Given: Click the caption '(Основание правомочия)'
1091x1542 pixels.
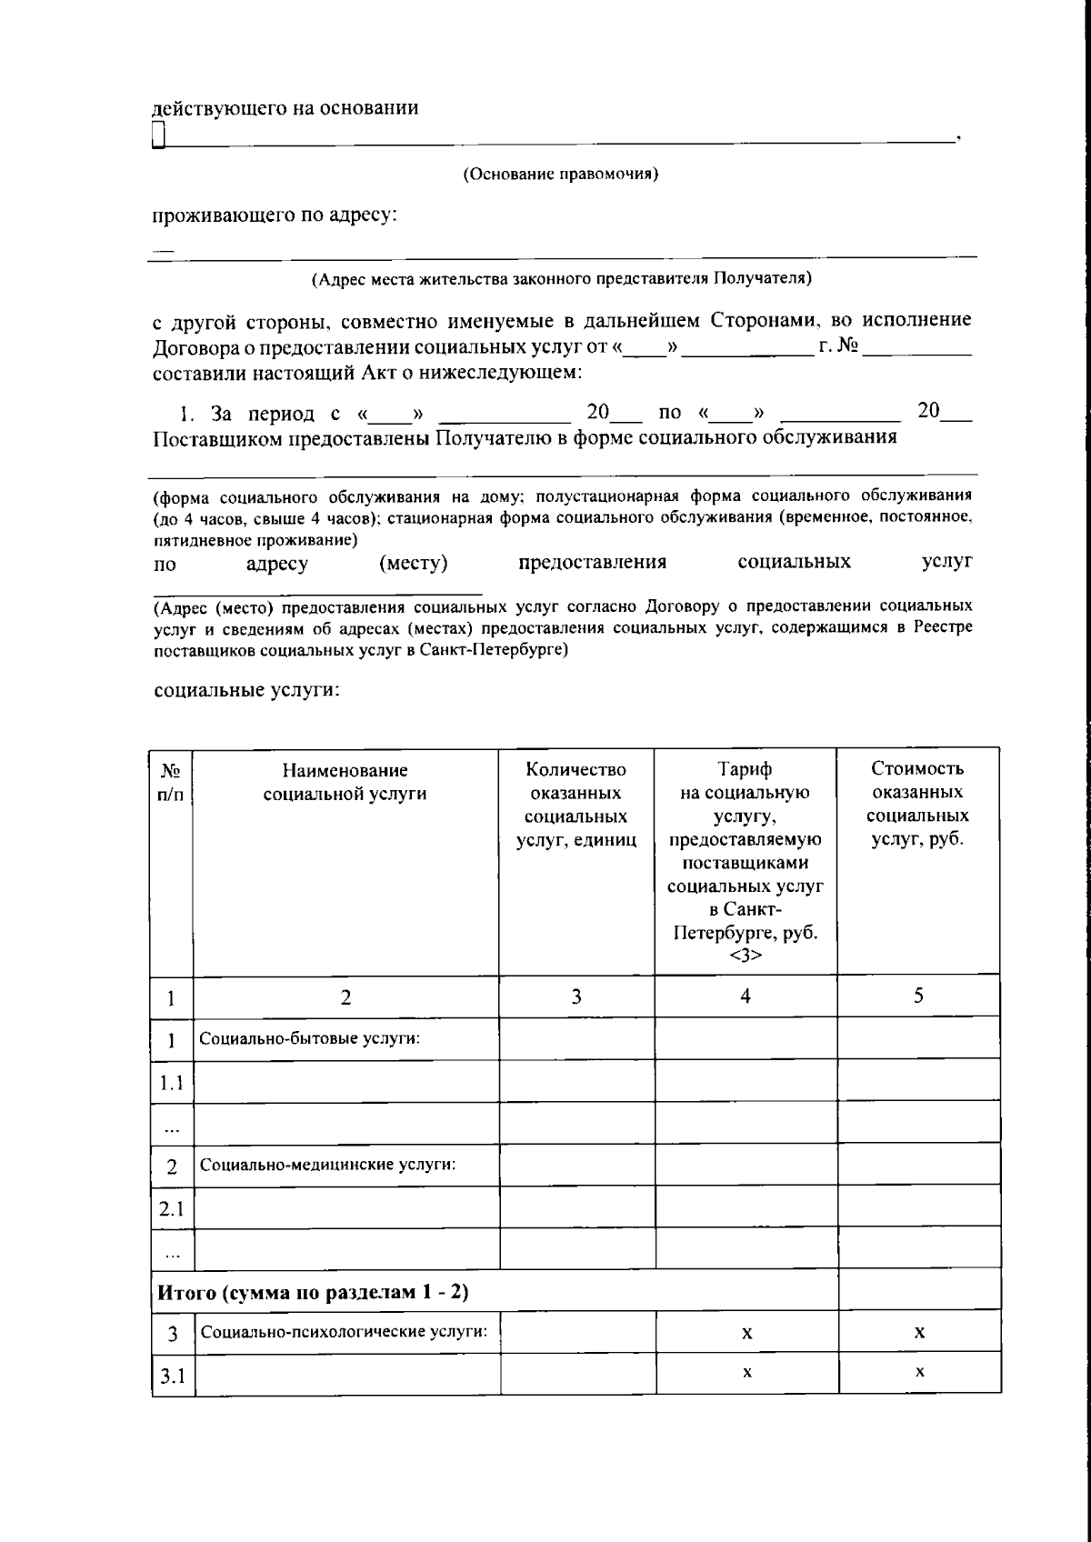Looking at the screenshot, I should tap(560, 175).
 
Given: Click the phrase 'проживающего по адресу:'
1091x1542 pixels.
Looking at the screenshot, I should tap(275, 216).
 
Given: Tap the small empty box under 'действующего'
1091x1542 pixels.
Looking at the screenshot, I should tap(159, 136).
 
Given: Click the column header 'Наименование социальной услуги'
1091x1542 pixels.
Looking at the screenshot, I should tap(345, 782).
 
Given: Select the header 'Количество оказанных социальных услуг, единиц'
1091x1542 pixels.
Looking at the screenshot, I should tap(576, 805).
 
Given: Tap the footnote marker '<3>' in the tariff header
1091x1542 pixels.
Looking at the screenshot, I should tap(745, 955).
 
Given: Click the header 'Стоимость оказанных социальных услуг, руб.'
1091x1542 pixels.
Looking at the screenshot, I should tap(917, 805).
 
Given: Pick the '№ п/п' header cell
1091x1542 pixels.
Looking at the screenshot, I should tap(171, 782).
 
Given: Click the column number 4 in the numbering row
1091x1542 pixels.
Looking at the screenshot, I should tap(745, 996).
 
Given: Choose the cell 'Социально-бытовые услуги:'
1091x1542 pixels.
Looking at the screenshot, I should tap(309, 1038).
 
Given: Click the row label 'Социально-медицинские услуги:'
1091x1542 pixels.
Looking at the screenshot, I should tap(327, 1165).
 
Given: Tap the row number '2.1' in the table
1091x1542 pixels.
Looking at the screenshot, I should tap(171, 1208).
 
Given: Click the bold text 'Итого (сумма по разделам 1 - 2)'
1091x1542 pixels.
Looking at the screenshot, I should tap(313, 1291).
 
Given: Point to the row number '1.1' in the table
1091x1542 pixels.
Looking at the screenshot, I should tap(171, 1082).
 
